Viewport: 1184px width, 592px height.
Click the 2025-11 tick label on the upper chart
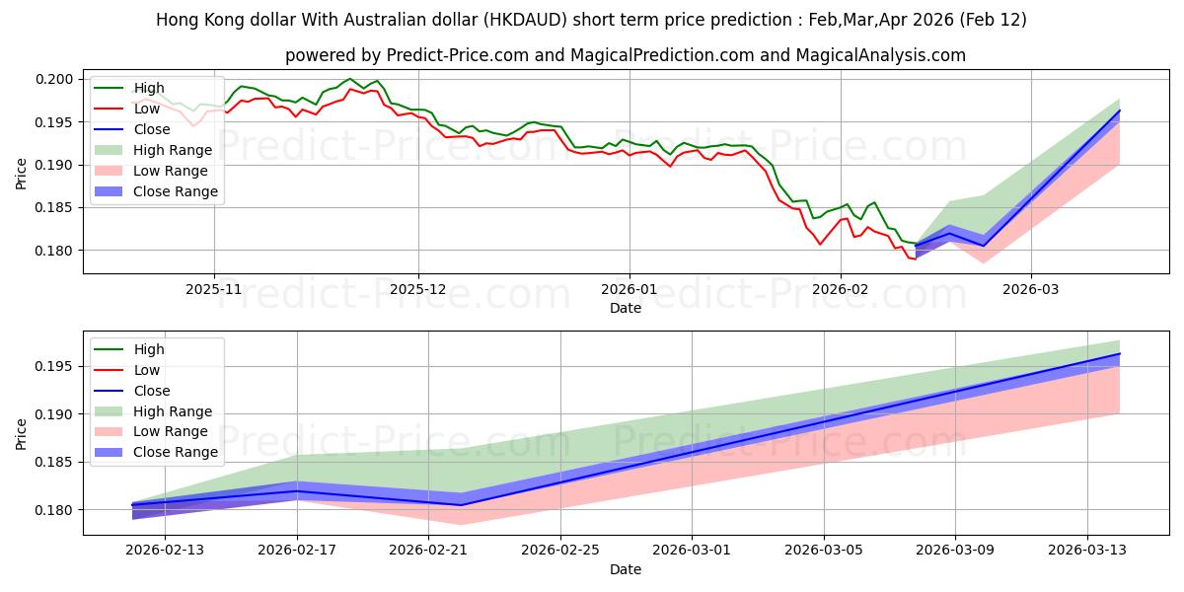[x=214, y=291]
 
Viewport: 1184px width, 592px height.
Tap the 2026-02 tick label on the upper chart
[x=840, y=291]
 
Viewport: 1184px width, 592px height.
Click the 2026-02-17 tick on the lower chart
[x=297, y=551]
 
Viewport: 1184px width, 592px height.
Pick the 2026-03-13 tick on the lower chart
[x=1086, y=551]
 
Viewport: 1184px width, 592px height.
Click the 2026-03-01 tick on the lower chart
[x=692, y=551]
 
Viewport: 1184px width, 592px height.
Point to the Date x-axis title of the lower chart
[x=625, y=569]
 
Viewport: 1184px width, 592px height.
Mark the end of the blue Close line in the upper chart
[x=1120, y=111]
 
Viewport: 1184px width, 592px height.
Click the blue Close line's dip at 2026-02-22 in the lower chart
[x=462, y=505]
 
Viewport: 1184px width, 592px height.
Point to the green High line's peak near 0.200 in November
[x=349, y=79]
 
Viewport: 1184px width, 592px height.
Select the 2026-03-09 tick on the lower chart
[x=955, y=551]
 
